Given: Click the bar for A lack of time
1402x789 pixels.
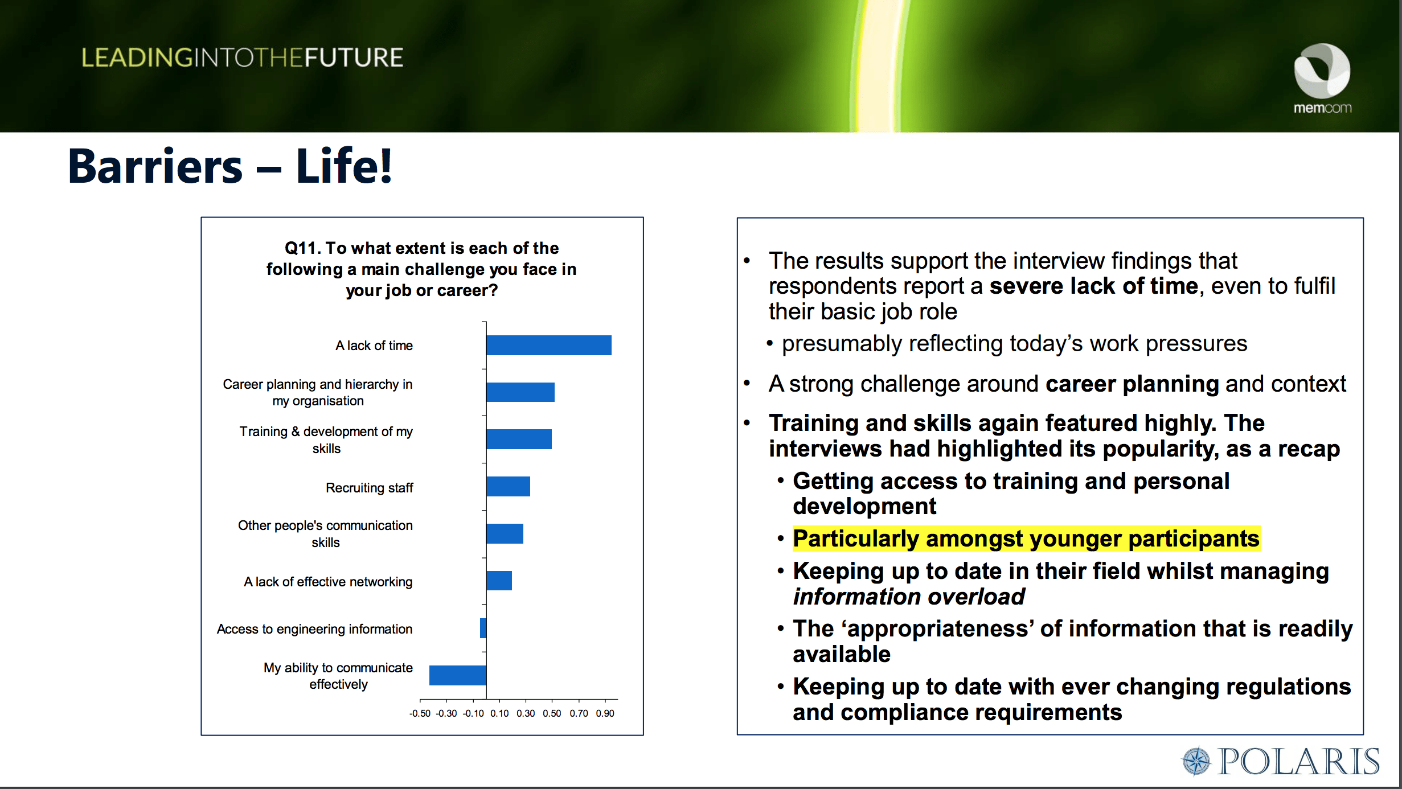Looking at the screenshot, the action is [548, 345].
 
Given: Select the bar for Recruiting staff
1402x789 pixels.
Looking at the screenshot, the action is [508, 486].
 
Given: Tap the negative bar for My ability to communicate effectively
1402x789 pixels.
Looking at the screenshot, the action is [458, 675].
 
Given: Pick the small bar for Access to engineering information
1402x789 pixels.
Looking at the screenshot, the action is [483, 628].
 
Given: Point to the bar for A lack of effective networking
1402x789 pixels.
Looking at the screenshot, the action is [499, 581].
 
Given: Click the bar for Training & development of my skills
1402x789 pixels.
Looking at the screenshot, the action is [519, 439].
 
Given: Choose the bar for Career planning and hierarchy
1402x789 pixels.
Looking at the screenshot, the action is [520, 392].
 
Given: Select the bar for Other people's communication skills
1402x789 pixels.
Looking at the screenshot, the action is [505, 533].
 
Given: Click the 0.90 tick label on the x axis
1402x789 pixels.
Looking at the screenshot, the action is [605, 713].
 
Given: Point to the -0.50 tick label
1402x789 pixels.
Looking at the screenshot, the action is [420, 713].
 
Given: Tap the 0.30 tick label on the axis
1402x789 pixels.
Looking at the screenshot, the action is [526, 713].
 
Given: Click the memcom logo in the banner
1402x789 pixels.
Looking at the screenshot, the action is [1322, 79].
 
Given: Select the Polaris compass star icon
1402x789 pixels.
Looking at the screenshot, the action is [1196, 761].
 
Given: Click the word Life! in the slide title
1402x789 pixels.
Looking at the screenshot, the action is [344, 166].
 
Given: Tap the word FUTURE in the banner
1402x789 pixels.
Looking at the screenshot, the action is [354, 58].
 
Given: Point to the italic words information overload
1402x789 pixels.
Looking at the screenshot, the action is [909, 597].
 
